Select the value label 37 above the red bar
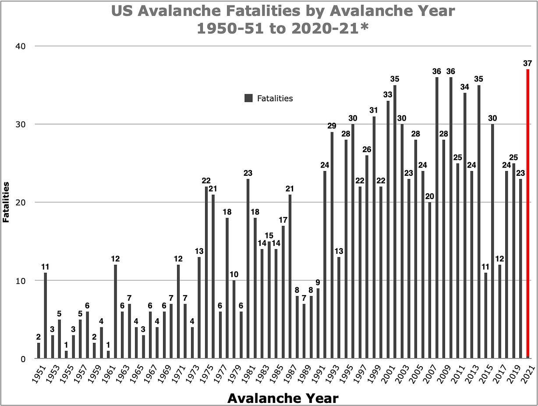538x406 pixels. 528,63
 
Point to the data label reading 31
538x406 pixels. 374,110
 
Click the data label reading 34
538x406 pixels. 465,87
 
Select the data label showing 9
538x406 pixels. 318,282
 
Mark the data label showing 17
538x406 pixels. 283,220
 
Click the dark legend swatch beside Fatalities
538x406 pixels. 248,98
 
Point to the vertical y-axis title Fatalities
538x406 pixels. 6,202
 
